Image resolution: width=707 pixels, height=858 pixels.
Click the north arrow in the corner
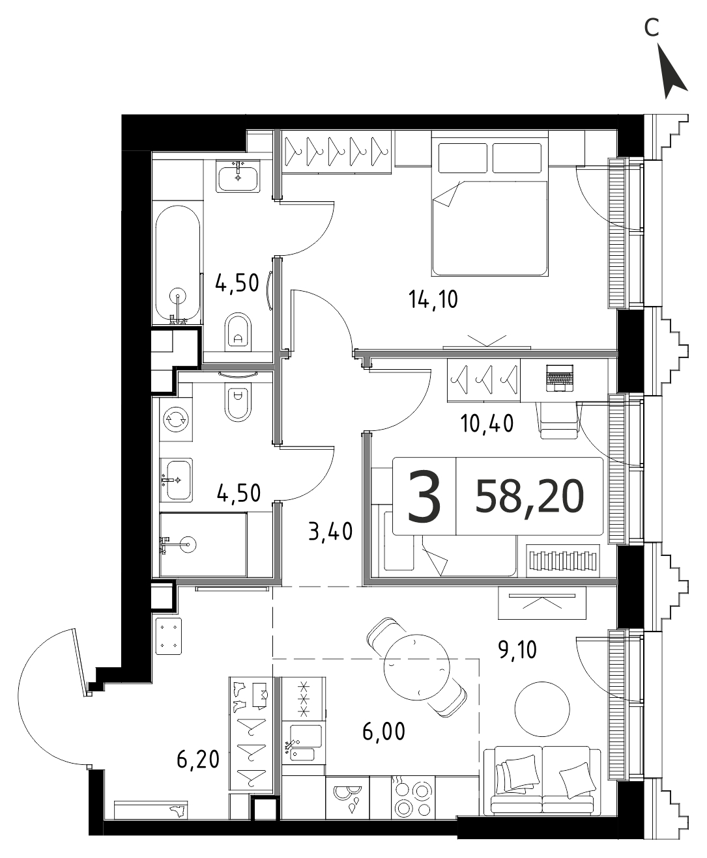tap(672, 76)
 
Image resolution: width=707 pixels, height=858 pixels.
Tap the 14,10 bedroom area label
tap(433, 300)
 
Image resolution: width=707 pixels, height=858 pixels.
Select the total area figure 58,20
tap(529, 496)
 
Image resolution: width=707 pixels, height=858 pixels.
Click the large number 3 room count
tap(424, 495)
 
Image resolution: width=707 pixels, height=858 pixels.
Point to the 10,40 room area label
tap(487, 424)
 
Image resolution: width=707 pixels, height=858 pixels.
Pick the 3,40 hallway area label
tap(330, 532)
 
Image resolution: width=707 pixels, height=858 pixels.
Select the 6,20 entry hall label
tap(198, 759)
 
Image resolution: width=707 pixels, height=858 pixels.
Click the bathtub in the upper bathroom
tap(177, 264)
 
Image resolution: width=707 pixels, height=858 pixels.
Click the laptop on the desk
tap(559, 378)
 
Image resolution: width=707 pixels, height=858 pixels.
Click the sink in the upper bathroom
tap(238, 176)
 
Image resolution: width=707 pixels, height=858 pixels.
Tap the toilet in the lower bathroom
tap(238, 403)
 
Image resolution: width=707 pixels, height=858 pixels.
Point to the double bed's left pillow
tap(463, 158)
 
